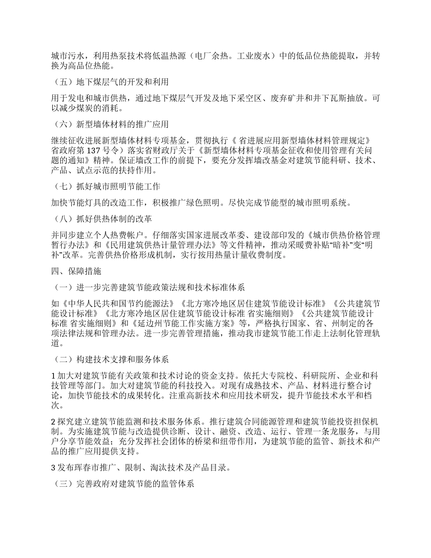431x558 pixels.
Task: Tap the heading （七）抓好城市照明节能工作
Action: (107, 186)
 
